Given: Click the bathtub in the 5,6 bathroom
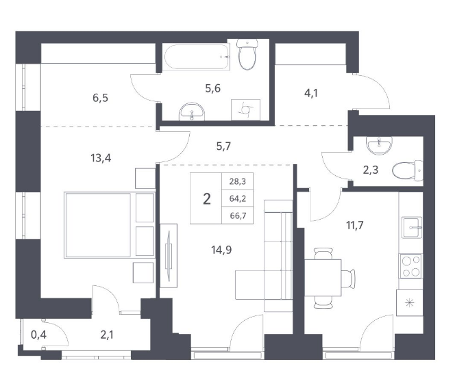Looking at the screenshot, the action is [197, 57].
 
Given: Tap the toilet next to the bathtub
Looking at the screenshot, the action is [247, 55].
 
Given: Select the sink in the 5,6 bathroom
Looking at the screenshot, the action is [192, 112].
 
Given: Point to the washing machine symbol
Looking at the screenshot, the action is [245, 110].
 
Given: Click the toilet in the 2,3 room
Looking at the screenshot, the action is [408, 170].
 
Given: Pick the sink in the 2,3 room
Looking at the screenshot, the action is [379, 145].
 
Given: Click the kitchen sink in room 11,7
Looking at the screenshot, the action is [412, 227].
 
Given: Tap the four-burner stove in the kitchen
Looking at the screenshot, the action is [410, 266].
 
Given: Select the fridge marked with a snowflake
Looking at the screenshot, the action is [410, 303].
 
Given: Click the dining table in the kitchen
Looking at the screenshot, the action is [323, 278].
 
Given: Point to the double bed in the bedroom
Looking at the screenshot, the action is [110, 225].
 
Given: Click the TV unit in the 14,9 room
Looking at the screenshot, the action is [169, 256].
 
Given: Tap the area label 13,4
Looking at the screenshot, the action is [101, 158].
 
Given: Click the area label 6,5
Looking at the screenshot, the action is [101, 98].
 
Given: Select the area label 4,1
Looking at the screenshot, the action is [311, 93].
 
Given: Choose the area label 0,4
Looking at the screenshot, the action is [38, 335].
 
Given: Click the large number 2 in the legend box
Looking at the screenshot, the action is [207, 199].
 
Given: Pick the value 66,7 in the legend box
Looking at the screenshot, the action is [238, 216].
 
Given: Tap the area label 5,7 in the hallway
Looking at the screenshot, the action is [223, 146].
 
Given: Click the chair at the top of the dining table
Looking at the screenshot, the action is [323, 254].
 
